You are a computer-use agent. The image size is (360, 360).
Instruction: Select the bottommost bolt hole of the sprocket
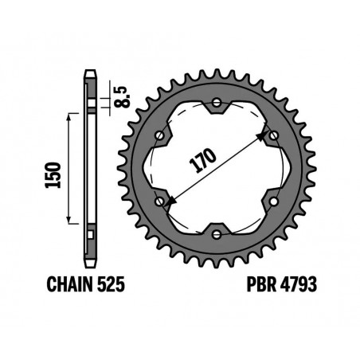tap(219, 233)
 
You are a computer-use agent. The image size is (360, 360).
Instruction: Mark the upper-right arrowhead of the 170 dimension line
tap(263, 139)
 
